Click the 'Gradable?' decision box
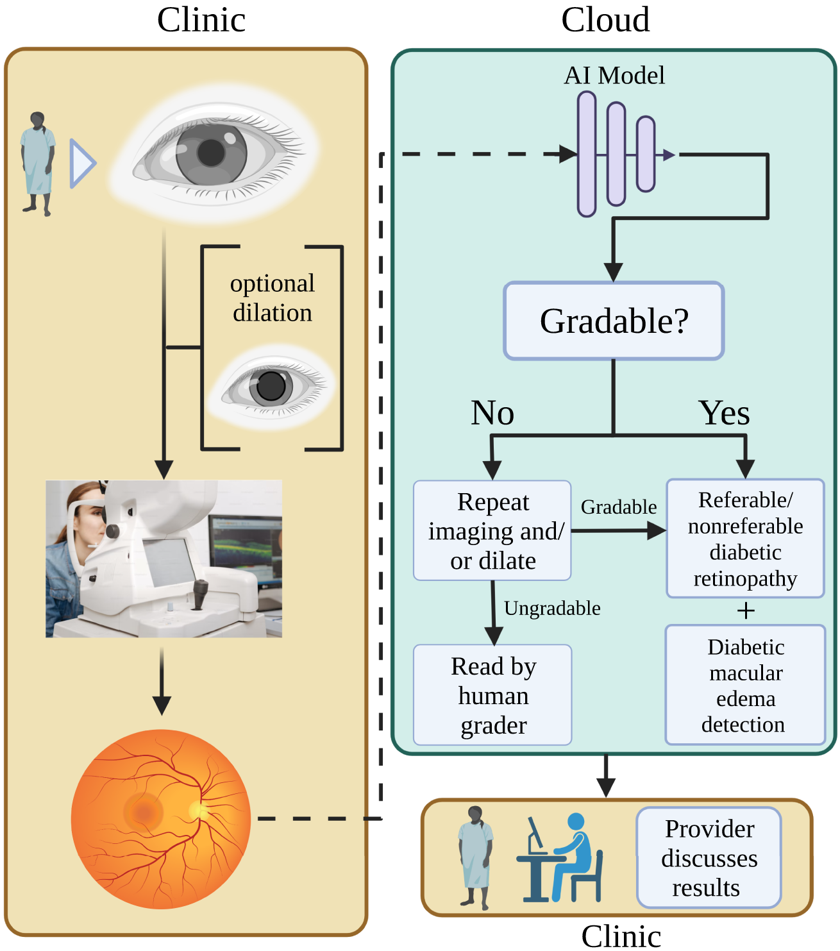tap(614, 321)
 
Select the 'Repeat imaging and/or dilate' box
tap(492, 530)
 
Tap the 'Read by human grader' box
tap(492, 695)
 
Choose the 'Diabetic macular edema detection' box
tap(745, 685)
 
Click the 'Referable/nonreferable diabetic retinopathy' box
tap(745, 539)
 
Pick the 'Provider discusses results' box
tap(709, 858)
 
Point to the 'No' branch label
tap(492, 412)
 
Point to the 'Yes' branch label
tap(724, 412)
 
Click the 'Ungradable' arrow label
tap(552, 608)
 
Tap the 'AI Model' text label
tap(614, 76)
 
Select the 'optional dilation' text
tap(273, 298)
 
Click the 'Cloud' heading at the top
tap(605, 20)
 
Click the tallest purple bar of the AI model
tap(587, 154)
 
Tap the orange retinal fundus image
tap(161, 819)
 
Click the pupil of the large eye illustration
tap(211, 153)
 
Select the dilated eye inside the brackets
tap(271, 386)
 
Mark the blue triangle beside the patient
tap(81, 164)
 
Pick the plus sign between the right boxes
tap(745, 610)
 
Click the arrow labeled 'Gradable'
tap(619, 530)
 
